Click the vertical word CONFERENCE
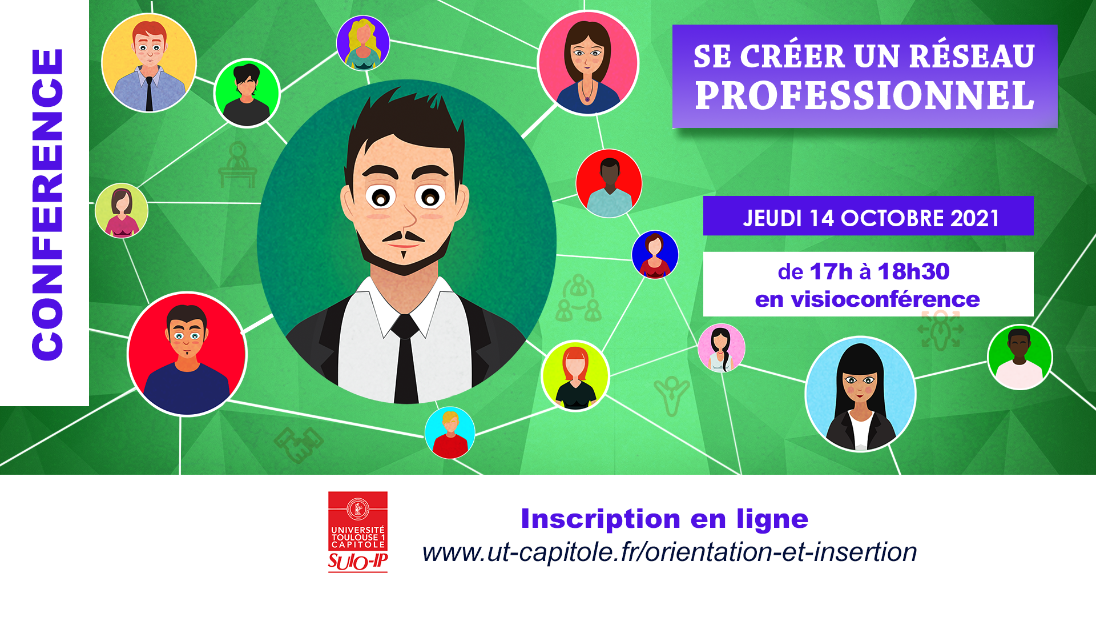click(x=47, y=204)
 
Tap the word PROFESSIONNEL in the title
click(x=865, y=95)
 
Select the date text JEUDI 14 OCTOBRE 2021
click(x=871, y=218)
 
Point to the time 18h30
click(x=913, y=271)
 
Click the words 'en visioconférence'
click(x=867, y=299)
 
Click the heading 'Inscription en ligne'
click(x=664, y=519)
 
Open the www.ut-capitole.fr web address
click(x=670, y=552)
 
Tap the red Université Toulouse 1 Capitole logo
click(x=358, y=532)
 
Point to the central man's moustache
click(x=403, y=236)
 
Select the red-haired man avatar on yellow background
click(x=149, y=63)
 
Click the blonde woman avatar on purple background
click(x=363, y=43)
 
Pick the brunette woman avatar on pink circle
click(x=589, y=63)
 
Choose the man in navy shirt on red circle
click(x=187, y=354)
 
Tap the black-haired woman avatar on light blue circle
click(x=860, y=394)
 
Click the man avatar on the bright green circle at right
click(x=1020, y=357)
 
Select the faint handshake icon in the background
click(x=299, y=444)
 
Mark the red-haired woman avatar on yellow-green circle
click(x=575, y=375)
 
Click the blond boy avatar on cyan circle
click(x=450, y=432)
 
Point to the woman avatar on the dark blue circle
click(x=655, y=255)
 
